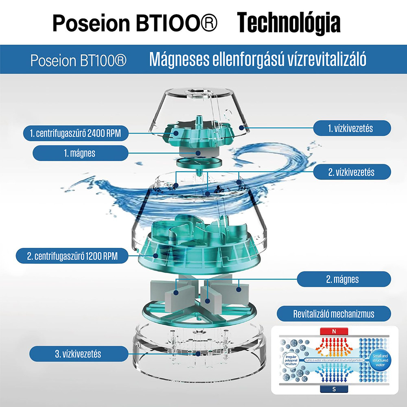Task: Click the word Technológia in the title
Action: [x=289, y=24]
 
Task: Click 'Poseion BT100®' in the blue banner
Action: [x=78, y=61]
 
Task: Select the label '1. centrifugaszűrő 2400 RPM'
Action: [x=75, y=133]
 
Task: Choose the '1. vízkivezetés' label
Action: [x=350, y=128]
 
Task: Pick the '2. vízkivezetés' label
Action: [x=351, y=172]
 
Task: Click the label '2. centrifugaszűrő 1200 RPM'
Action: [x=72, y=256]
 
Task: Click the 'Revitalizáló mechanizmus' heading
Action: [x=333, y=314]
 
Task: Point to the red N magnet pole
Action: [x=334, y=332]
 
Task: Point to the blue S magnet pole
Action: [x=334, y=389]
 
